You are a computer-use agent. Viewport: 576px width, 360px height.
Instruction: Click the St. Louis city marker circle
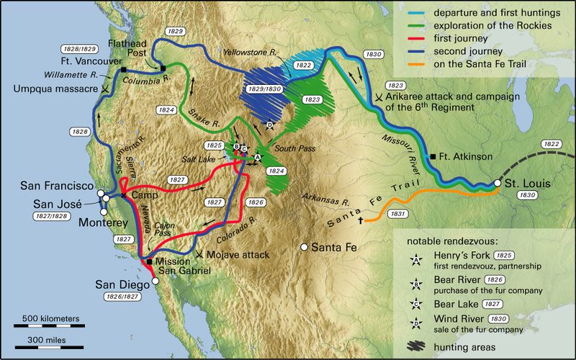pyautogui.click(x=498, y=184)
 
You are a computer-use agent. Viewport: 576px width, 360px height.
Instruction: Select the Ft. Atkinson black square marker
pyautogui.click(x=433, y=156)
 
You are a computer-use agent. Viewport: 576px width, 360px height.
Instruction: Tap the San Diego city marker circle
pyautogui.click(x=156, y=282)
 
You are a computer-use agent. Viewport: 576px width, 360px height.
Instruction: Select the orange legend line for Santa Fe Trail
pyautogui.click(x=414, y=63)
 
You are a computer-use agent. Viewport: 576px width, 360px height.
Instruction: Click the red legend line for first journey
pyautogui.click(x=414, y=37)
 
